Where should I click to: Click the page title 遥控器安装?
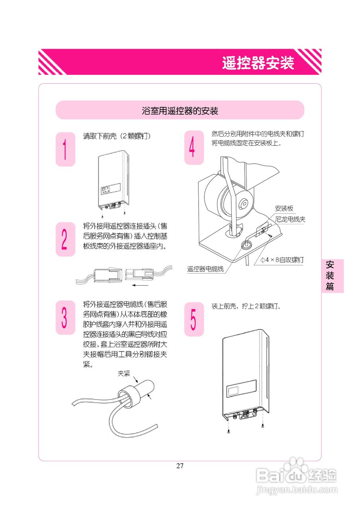pyautogui.click(x=258, y=63)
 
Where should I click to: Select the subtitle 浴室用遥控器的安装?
pyautogui.click(x=180, y=110)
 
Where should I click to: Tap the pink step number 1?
pyautogui.click(x=65, y=149)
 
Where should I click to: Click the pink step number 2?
pyautogui.click(x=65, y=239)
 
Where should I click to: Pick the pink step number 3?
pyautogui.click(x=65, y=318)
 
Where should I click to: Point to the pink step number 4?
pyautogui.click(x=193, y=148)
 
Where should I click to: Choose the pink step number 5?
pyautogui.click(x=193, y=319)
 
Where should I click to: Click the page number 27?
pyautogui.click(x=180, y=466)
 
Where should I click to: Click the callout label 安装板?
pyautogui.click(x=284, y=208)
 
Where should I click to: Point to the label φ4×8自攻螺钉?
pyautogui.click(x=282, y=260)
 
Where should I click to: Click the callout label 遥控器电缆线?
pyautogui.click(x=205, y=269)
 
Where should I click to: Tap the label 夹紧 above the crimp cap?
pyautogui.click(x=124, y=373)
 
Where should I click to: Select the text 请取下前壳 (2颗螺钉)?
pyautogui.click(x=116, y=136)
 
